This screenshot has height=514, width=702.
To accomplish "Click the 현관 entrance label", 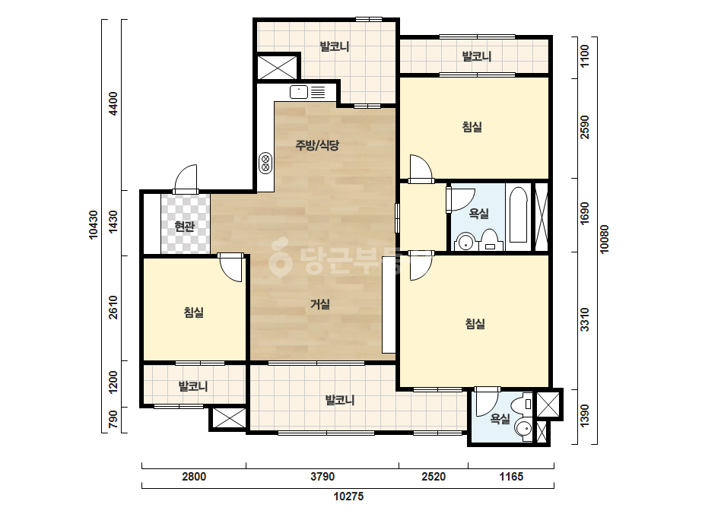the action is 185,227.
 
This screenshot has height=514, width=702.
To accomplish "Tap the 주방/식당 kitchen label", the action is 317,144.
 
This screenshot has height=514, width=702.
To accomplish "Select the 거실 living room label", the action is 320,304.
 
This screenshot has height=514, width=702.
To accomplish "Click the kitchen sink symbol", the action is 299,92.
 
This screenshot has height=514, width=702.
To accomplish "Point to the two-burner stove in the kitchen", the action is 265,163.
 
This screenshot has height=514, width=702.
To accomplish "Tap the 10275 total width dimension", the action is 349,496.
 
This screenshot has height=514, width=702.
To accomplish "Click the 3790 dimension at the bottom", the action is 322,477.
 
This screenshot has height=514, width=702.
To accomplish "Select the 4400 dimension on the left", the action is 113,103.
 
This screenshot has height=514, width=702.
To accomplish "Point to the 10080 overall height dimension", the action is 605,239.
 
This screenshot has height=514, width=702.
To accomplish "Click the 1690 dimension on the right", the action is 585,214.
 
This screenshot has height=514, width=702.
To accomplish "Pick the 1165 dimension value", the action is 511,477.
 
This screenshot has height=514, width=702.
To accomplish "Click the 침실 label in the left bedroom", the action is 194,312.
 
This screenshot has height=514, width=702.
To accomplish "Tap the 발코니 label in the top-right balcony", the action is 477,56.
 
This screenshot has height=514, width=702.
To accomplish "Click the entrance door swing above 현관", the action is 186,179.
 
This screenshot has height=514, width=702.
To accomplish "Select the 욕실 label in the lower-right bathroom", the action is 500,419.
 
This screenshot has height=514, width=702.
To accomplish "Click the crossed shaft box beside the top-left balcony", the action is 278,68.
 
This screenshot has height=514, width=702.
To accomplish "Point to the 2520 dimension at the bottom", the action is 434,477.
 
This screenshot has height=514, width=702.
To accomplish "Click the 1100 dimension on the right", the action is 585,56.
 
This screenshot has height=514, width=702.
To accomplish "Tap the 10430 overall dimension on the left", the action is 93,225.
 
